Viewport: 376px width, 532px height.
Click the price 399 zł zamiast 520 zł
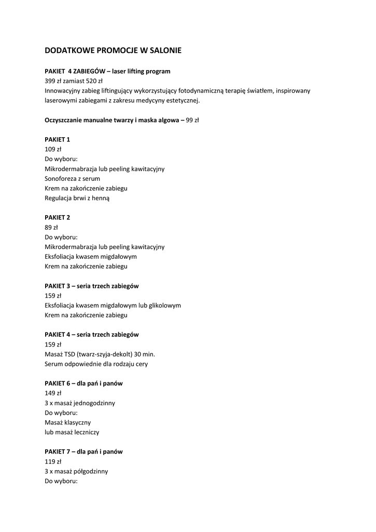[x=74, y=81]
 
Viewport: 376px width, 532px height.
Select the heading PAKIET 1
[x=58, y=140]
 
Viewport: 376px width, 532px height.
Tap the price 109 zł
[x=53, y=149]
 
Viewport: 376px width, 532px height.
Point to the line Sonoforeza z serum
[x=73, y=179]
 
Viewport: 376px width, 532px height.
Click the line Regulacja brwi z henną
[x=77, y=198]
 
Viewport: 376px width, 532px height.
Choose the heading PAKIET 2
[x=58, y=218]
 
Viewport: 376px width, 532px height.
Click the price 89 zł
[x=51, y=228]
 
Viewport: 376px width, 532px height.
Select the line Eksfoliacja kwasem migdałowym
[x=91, y=257]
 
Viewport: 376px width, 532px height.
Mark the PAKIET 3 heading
[x=92, y=286]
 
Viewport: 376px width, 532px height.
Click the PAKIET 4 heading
[x=92, y=335]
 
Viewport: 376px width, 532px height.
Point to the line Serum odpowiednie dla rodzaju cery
[x=96, y=364]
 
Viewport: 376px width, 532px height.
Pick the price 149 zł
[x=53, y=393]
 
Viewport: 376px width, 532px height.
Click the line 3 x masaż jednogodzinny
[x=80, y=403]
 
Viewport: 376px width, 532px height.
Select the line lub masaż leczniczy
[x=72, y=432]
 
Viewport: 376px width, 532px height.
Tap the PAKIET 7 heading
[x=83, y=451]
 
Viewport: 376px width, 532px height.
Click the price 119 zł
[x=53, y=461]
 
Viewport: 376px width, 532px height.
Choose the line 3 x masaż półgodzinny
[x=76, y=471]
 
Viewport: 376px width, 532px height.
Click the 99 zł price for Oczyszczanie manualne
[x=192, y=120]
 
